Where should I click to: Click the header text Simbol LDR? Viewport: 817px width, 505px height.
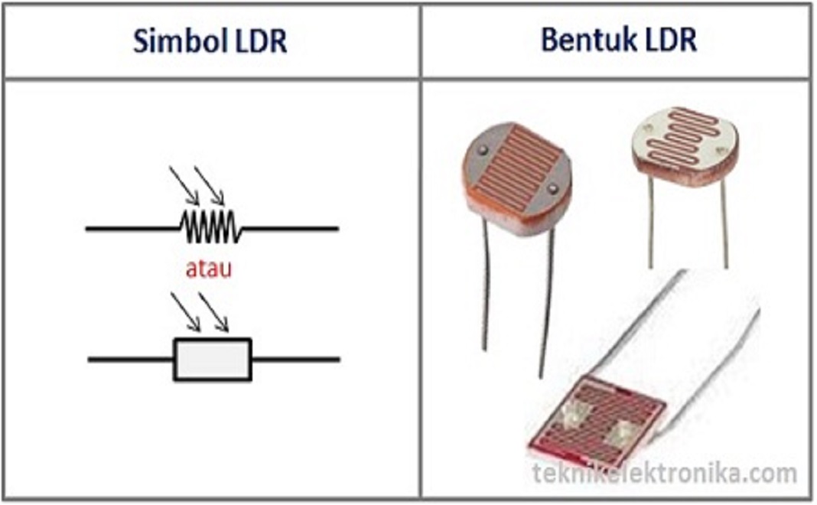[x=210, y=41]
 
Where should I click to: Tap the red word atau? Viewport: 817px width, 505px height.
[x=209, y=269]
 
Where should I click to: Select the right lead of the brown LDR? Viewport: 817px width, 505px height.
[x=545, y=306]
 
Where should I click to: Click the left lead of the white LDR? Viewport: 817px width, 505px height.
[x=651, y=226]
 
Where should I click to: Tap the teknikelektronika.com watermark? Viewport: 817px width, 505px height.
[x=664, y=474]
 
